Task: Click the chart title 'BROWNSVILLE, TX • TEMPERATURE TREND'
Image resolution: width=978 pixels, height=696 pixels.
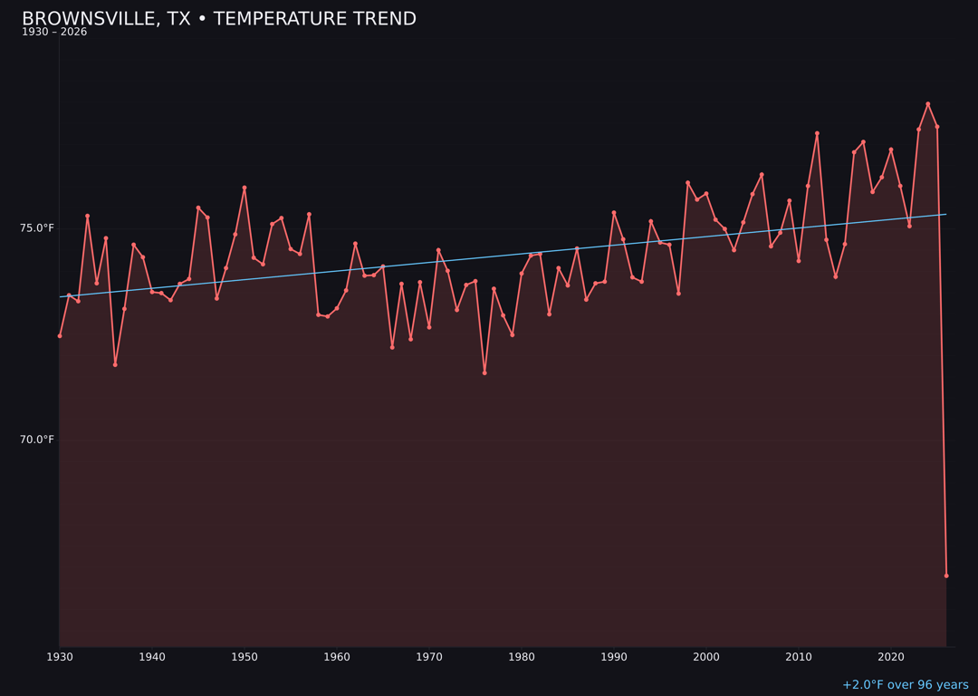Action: (x=219, y=19)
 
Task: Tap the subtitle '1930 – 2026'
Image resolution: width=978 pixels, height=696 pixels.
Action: (x=54, y=32)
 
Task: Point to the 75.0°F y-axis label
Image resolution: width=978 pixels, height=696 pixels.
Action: (x=37, y=227)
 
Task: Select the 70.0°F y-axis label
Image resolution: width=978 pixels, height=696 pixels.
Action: (x=37, y=440)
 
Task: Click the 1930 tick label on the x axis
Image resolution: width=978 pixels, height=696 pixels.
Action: (x=60, y=657)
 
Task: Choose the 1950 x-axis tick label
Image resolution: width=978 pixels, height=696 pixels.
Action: (x=244, y=657)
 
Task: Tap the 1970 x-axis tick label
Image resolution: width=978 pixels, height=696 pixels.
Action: (x=429, y=657)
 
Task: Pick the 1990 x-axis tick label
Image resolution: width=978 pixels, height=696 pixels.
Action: (x=614, y=657)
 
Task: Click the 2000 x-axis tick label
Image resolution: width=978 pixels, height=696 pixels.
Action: (x=706, y=657)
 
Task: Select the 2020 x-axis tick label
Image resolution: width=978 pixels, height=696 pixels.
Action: (x=891, y=657)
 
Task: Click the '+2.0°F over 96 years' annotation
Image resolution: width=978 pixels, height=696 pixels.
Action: (x=905, y=685)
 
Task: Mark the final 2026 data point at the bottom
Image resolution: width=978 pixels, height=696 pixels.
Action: (x=946, y=575)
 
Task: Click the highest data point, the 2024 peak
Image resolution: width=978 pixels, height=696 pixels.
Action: (x=927, y=104)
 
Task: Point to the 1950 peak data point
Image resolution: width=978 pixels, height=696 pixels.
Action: (x=244, y=188)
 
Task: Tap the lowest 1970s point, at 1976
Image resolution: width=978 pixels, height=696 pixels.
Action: (x=484, y=372)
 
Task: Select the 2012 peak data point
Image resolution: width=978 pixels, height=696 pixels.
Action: (x=817, y=133)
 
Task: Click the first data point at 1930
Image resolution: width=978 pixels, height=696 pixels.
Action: (x=60, y=335)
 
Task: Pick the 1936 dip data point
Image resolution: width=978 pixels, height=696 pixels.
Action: (x=115, y=364)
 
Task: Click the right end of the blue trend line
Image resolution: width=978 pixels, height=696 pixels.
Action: (x=945, y=214)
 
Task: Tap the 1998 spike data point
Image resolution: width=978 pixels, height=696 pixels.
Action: (x=687, y=182)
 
